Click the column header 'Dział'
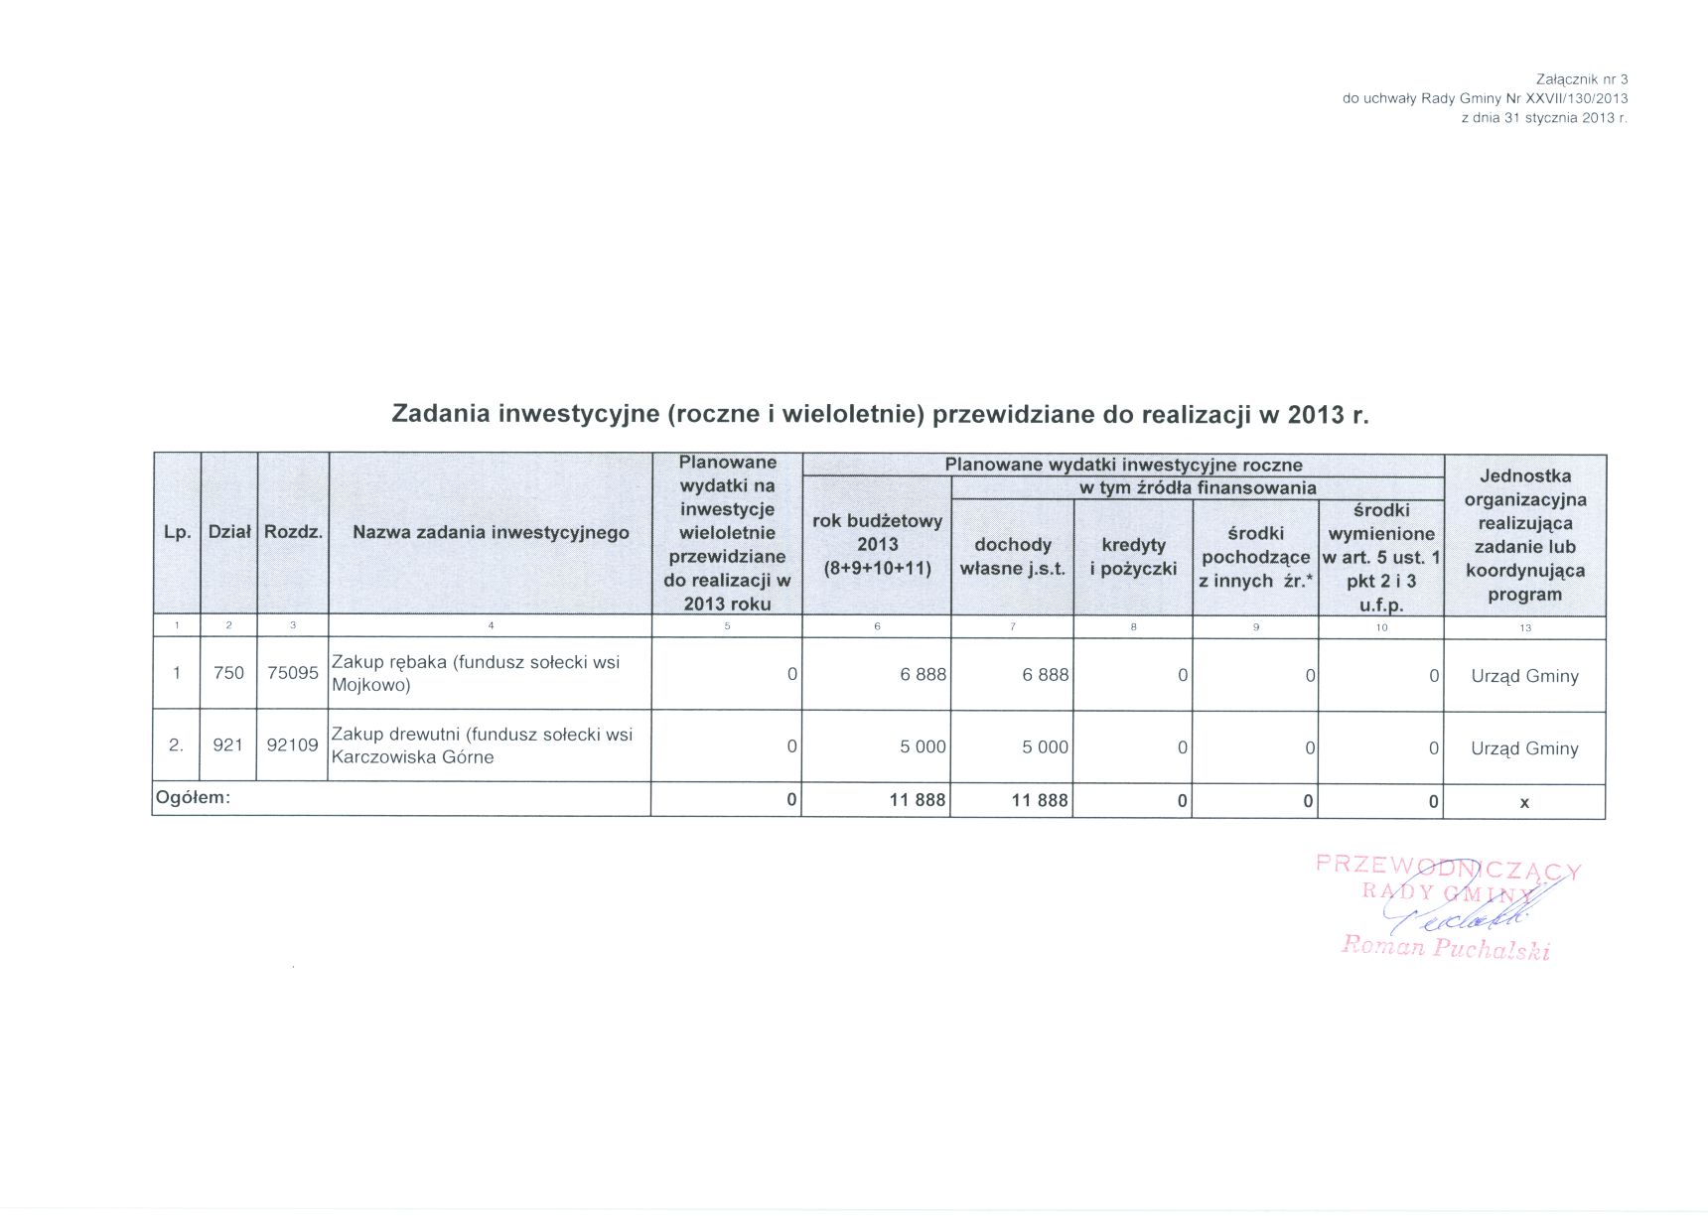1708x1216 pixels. click(x=229, y=532)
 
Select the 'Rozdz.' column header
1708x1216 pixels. click(x=293, y=532)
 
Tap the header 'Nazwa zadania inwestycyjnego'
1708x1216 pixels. click(x=491, y=532)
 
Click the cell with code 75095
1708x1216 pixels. click(x=293, y=673)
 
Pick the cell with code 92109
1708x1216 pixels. click(x=293, y=744)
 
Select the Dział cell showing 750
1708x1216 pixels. click(x=228, y=673)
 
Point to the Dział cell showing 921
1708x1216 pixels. click(x=228, y=744)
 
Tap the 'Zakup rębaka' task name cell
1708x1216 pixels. click(x=477, y=673)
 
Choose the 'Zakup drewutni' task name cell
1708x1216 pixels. click(x=482, y=745)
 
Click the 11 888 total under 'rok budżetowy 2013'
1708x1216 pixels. click(x=917, y=800)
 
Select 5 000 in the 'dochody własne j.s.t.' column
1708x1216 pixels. click(x=1045, y=746)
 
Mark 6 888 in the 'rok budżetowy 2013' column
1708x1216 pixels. click(x=923, y=675)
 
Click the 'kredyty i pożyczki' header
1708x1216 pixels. click(x=1133, y=557)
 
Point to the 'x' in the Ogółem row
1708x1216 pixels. click(x=1524, y=802)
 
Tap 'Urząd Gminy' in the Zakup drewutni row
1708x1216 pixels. click(x=1524, y=748)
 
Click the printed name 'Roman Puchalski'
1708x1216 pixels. click(x=1445, y=948)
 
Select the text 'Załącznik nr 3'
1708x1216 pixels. click(x=1582, y=78)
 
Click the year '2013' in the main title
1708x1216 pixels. click(x=1316, y=415)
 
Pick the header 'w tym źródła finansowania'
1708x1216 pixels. click(x=1198, y=487)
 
